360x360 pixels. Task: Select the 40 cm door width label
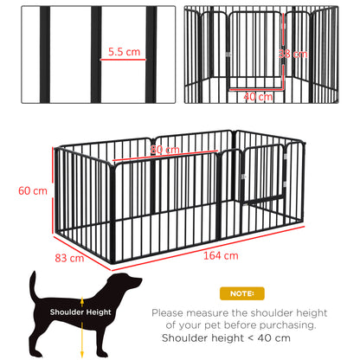pyautogui.click(x=258, y=96)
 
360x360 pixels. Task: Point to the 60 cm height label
pyautogui.click(x=34, y=190)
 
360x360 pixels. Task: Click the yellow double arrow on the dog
pyautogui.click(x=76, y=328)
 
